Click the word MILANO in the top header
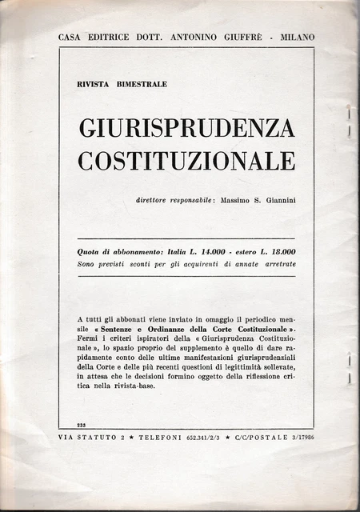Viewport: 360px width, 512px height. pos(296,37)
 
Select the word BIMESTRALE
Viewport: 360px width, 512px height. pos(142,85)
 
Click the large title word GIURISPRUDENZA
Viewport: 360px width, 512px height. pos(186,127)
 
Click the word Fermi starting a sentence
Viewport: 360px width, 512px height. pos(89,339)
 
